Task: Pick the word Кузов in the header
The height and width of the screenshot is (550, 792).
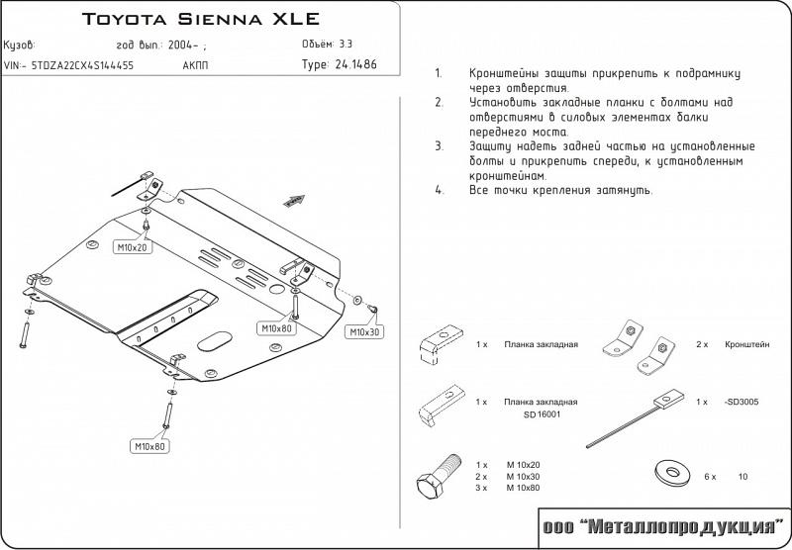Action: point(21,45)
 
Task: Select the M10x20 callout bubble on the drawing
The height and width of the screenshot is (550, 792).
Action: point(131,247)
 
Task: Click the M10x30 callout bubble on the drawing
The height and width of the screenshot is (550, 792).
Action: point(364,332)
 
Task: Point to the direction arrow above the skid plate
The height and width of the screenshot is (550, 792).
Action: point(294,201)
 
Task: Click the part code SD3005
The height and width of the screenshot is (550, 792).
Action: point(742,403)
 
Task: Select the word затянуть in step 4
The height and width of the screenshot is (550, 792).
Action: point(623,189)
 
